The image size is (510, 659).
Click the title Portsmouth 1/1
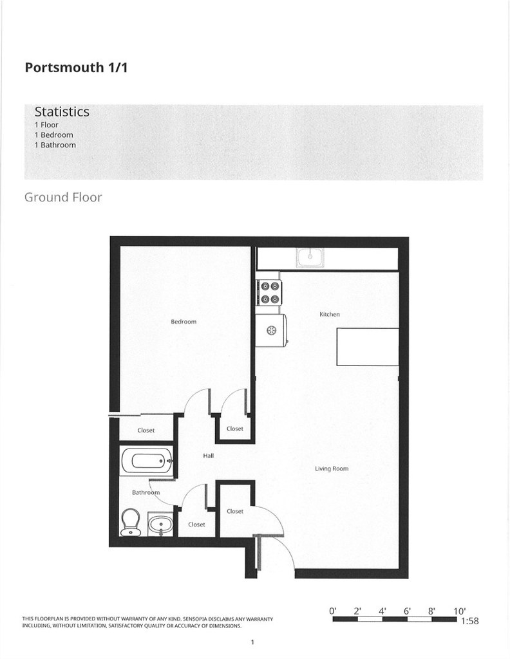coord(76,67)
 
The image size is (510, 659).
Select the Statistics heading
coord(62,111)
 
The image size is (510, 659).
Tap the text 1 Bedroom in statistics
coord(54,135)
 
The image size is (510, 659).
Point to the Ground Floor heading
coord(63,197)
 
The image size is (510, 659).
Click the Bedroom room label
coord(184,322)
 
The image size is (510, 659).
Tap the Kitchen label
coord(330,314)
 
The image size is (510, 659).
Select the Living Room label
coord(332,469)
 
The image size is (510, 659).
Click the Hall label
coord(209,456)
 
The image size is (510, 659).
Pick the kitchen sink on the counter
coord(310,257)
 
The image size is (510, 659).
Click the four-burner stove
coord(270,293)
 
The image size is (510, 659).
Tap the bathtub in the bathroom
coord(146,461)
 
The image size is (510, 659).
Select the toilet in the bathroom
coord(130,522)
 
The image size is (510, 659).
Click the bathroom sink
coord(160,524)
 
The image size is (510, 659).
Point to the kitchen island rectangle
coord(368,347)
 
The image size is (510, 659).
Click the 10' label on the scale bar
coord(460,611)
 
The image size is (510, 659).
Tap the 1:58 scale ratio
coord(469,621)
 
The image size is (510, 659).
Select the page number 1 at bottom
coord(252,642)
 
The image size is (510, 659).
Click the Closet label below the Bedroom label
coord(146,431)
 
